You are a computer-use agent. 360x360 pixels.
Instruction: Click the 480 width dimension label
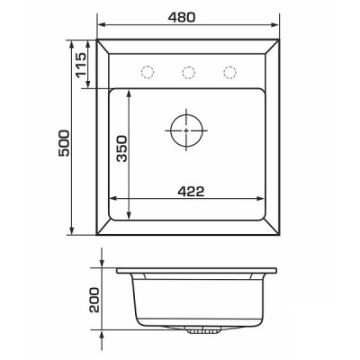click(x=182, y=17)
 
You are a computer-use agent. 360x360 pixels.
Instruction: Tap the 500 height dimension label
click(x=64, y=143)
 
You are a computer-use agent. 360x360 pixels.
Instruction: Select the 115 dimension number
click(x=81, y=65)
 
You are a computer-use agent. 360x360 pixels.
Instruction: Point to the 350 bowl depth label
click(x=122, y=148)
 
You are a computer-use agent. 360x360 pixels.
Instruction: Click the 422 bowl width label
click(x=191, y=192)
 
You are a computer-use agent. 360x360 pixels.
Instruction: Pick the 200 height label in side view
click(x=94, y=300)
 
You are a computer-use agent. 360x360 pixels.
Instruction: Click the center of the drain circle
click(x=186, y=130)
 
